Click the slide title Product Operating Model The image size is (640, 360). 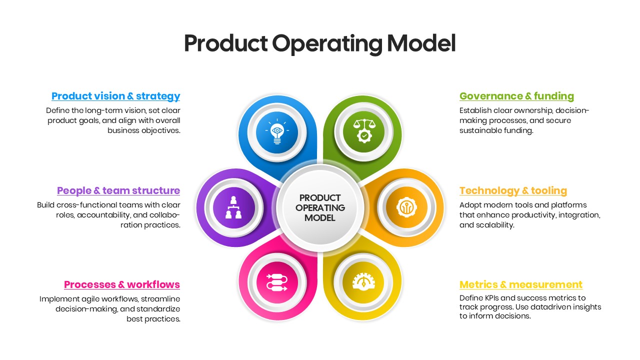[x=319, y=43]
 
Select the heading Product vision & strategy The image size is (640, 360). [x=115, y=96]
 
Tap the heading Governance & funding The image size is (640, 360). [x=516, y=96]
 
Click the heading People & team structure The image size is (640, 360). [x=118, y=190]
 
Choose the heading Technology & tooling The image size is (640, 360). [x=513, y=190]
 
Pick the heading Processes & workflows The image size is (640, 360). [x=122, y=284]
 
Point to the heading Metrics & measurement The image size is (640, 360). [x=521, y=284]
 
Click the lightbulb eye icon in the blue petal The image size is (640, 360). [x=277, y=132]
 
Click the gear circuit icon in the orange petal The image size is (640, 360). [x=406, y=207]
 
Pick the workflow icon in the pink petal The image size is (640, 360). [x=277, y=282]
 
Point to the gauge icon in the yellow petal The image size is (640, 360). [x=363, y=282]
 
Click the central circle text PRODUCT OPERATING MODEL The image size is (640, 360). [x=320, y=207]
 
